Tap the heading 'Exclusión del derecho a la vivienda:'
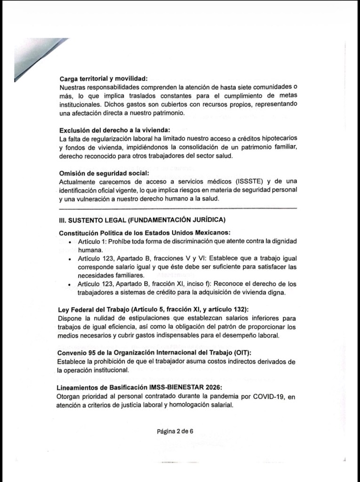pyautogui.click(x=114, y=130)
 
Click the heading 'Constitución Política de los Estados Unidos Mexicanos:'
pyautogui.click(x=144, y=233)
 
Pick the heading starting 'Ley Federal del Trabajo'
pyautogui.click(x=153, y=309)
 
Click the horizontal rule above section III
pyautogui.click(x=178, y=208)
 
